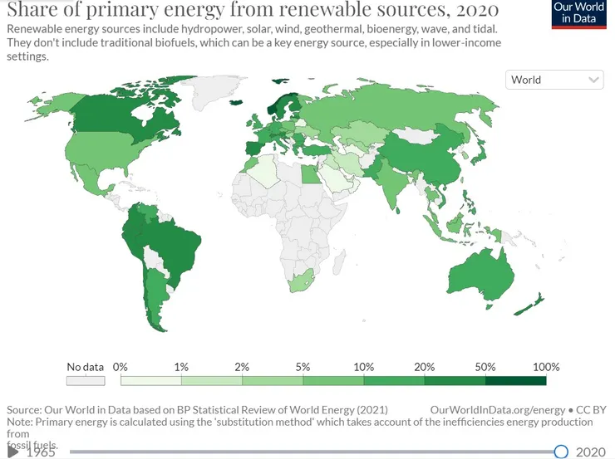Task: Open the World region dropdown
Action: pyautogui.click(x=554, y=80)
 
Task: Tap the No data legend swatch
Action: pyautogui.click(x=86, y=381)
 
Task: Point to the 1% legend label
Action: pyautogui.click(x=181, y=367)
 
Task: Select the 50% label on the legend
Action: pyautogui.click(x=485, y=367)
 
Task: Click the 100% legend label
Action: pyautogui.click(x=546, y=367)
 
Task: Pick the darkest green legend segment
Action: pyautogui.click(x=515, y=381)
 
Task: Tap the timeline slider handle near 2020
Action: pyautogui.click(x=561, y=452)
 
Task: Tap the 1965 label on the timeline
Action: pyautogui.click(x=42, y=452)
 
